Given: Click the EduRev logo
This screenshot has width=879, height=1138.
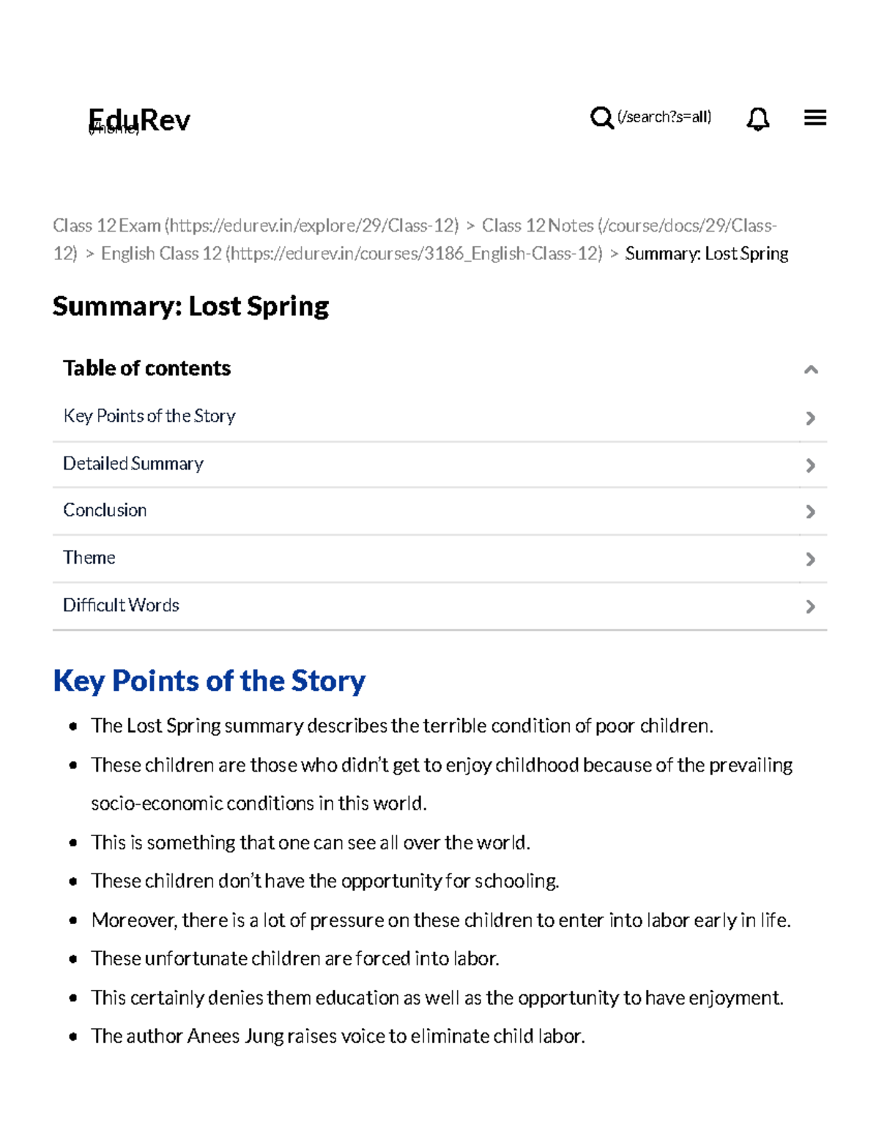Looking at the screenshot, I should tap(139, 120).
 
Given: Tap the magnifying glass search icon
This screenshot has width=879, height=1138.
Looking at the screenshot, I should tap(601, 117).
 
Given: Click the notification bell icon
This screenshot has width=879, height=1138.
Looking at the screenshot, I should tap(757, 118).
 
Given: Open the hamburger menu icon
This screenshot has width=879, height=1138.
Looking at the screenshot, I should tap(815, 117).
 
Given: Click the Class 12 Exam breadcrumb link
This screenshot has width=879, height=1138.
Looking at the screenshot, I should tap(107, 226).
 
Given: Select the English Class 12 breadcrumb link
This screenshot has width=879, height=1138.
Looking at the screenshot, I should tap(161, 254).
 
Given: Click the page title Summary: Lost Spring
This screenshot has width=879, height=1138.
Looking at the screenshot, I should tap(190, 306).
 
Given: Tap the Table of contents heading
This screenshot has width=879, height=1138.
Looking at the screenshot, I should tap(146, 368).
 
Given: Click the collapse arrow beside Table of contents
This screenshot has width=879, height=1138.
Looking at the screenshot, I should tap(810, 369).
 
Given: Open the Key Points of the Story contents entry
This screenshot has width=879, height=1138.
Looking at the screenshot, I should tap(149, 416).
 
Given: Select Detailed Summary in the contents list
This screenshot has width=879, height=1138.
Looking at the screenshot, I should tap(133, 464).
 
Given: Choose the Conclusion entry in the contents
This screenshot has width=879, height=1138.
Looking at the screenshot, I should tap(105, 510).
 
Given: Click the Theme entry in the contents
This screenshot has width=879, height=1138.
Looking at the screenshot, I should tap(89, 558).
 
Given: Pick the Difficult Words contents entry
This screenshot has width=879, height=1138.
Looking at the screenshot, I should tap(121, 605).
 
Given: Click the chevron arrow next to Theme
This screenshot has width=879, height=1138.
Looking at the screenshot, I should tap(810, 559).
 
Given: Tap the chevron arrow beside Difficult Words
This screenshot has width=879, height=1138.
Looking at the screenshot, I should tap(810, 607).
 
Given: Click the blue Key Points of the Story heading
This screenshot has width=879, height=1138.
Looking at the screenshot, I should tap(209, 681).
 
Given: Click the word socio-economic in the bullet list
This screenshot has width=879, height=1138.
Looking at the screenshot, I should tap(157, 804).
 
